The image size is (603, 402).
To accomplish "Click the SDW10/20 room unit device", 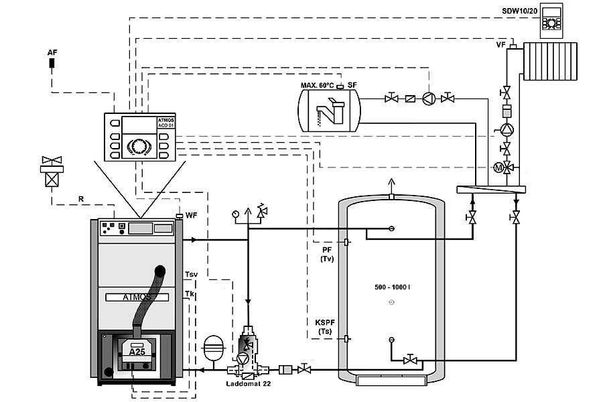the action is coord(551,21).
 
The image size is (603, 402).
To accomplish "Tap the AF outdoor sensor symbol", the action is coord(52,63).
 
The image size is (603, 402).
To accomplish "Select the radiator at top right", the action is coord(550,61).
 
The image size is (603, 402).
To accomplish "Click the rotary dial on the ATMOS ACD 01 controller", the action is coord(137,146).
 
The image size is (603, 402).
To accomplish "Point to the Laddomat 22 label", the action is coord(248,383).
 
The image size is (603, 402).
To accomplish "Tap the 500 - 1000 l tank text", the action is coord(392,287).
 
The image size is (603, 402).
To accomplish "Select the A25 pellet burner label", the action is coord(137,352).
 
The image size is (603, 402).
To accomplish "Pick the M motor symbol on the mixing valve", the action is coord(498,167).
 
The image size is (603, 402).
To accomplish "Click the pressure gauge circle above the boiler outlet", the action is coord(235,214).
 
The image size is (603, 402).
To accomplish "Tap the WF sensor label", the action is coord(191,216).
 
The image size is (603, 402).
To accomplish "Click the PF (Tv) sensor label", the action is coord(327,255).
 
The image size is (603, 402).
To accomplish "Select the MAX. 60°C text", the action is coord(318,85).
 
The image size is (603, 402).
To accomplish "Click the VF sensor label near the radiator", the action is coord(500,45).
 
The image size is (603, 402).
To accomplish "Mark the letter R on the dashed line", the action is coord(81,199).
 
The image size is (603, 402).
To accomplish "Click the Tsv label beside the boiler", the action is coord(191,274).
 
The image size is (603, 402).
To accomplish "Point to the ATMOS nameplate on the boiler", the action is coord(137,297).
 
